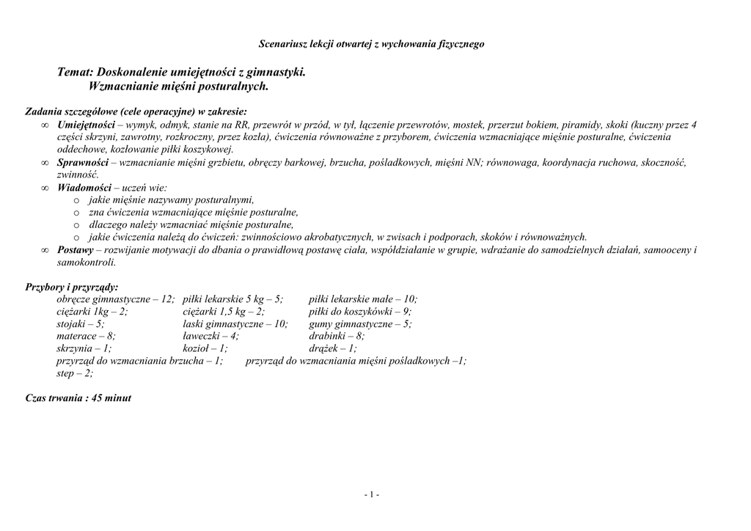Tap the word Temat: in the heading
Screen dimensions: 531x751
click(x=75, y=73)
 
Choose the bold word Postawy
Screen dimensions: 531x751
click(x=75, y=250)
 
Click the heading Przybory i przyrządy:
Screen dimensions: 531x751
click(x=72, y=287)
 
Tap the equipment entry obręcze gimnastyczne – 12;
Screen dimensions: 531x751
click(x=116, y=299)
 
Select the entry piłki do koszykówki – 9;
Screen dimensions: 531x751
click(x=360, y=312)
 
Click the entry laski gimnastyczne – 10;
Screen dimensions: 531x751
click(x=235, y=324)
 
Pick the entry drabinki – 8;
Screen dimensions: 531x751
click(x=337, y=337)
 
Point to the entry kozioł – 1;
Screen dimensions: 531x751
click(x=205, y=349)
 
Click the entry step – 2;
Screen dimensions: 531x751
click(x=75, y=374)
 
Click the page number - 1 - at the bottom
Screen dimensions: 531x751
click(x=372, y=495)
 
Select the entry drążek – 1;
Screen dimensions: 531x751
click(x=333, y=349)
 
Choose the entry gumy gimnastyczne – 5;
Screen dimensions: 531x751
click(x=360, y=324)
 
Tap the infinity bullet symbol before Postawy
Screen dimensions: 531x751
click(x=45, y=250)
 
